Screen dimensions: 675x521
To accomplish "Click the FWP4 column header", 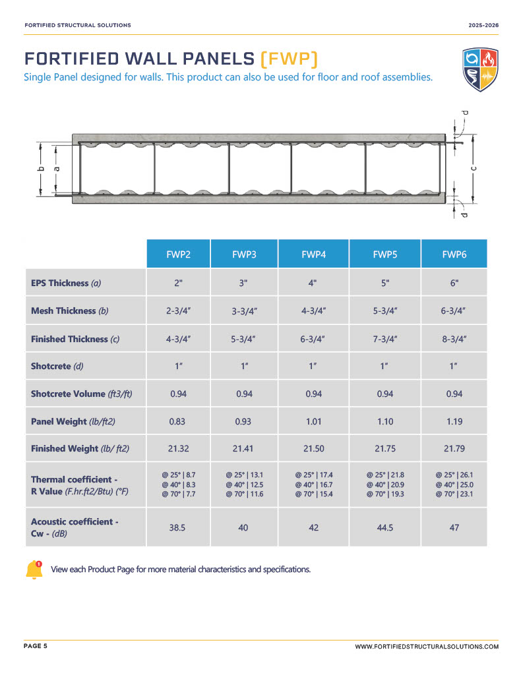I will coord(313,254).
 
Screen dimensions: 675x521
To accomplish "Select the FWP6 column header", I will coord(453,254).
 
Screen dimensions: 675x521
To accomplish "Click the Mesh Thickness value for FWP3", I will coord(243,311).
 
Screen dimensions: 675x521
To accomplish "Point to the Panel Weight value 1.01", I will coord(313,421).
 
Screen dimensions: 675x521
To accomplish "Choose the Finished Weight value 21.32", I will coord(177,449).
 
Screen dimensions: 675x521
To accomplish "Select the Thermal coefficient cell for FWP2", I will coord(178,484).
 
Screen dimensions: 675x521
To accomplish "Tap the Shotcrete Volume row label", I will coord(82,394).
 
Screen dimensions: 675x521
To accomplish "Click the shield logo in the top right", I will coord(479,69).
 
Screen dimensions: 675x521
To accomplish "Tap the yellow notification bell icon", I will coord(34,570).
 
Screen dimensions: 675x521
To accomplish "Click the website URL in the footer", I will coord(427,647).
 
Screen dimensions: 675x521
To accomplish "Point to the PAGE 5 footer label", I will coord(36,647).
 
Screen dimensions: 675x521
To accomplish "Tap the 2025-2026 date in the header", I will coord(483,25).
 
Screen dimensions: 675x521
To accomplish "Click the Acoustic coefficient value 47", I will coord(453,527).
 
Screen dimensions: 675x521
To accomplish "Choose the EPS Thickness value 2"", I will coord(177,283).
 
